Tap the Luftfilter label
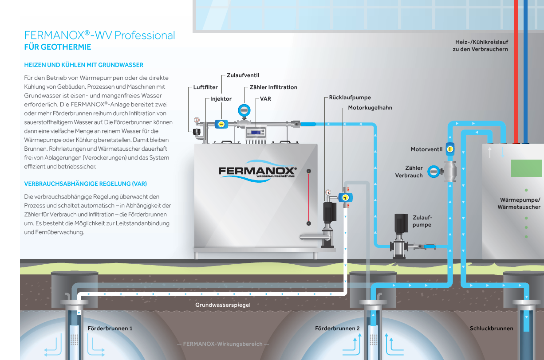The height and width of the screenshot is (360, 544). [x=205, y=87]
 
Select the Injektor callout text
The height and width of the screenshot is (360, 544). [x=221, y=99]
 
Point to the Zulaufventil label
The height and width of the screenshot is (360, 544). [x=243, y=75]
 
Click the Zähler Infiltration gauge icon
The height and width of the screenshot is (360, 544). [x=244, y=110]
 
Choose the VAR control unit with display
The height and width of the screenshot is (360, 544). [x=256, y=132]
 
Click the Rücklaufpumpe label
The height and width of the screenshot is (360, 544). [x=350, y=98]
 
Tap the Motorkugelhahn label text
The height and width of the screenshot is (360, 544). [x=370, y=108]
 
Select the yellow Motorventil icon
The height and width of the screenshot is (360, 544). [x=450, y=149]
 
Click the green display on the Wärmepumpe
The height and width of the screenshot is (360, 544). [x=526, y=168]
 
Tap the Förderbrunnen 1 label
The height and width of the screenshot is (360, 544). [x=110, y=329]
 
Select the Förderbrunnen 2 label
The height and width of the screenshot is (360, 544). [x=337, y=329]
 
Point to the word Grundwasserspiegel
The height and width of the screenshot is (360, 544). [x=223, y=305]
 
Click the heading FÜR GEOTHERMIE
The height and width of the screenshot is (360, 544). [x=58, y=47]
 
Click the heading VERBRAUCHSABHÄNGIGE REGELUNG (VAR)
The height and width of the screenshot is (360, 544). [x=85, y=184]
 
